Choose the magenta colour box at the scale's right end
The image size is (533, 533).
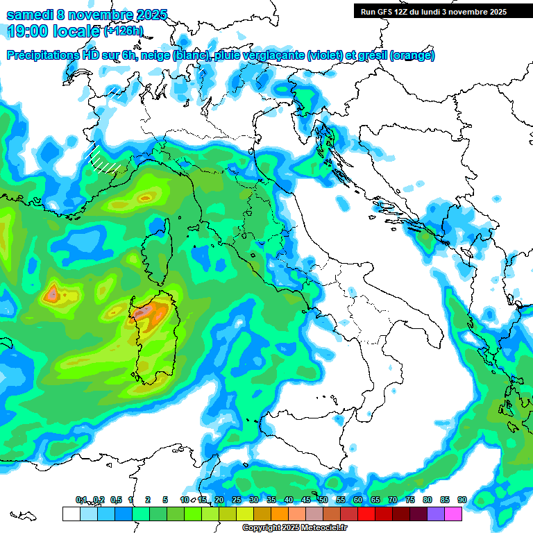click(x=453, y=514)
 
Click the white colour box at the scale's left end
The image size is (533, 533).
click(x=71, y=514)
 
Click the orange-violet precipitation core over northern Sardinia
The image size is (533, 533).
click(x=149, y=312)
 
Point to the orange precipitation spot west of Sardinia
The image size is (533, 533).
click(x=53, y=294)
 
